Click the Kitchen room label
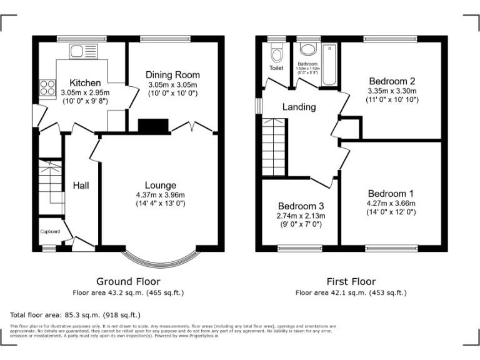click(84, 82)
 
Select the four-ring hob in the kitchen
click(47, 87)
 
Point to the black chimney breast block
click(153, 126)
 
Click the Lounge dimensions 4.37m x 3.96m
click(160, 194)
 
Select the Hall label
click(81, 186)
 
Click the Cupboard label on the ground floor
click(50, 231)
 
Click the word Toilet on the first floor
click(276, 68)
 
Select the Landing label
click(299, 107)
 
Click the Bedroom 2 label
click(392, 81)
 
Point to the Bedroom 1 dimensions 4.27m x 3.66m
click(391, 203)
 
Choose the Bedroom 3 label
click(301, 206)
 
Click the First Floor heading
click(351, 282)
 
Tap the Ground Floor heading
click(128, 282)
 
